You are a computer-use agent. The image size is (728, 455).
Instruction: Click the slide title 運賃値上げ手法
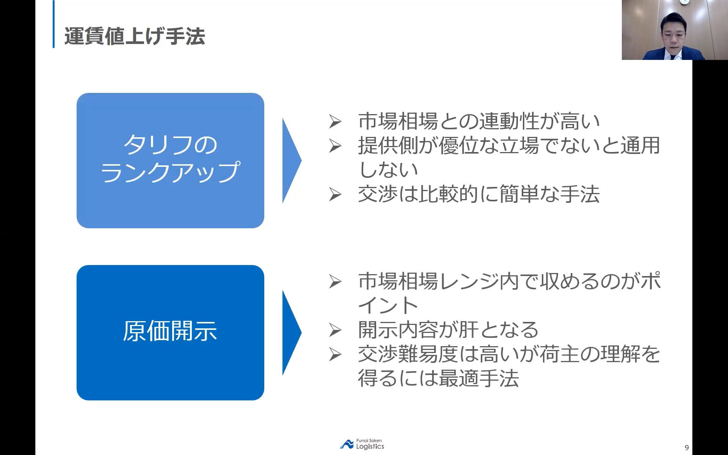pyautogui.click(x=135, y=36)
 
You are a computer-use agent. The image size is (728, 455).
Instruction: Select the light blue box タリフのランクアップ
pyautogui.click(x=170, y=160)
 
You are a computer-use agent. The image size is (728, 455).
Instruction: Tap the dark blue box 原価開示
pyautogui.click(x=170, y=332)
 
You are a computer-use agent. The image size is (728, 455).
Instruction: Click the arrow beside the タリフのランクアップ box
pyautogui.click(x=291, y=160)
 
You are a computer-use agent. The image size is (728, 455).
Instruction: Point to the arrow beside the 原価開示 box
pyautogui.click(x=291, y=333)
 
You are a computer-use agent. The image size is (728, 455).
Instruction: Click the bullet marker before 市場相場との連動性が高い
pyautogui.click(x=335, y=122)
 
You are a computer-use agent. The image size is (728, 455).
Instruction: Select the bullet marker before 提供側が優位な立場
pyautogui.click(x=335, y=146)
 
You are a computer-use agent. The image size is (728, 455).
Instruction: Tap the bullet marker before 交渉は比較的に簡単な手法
pyautogui.click(x=335, y=195)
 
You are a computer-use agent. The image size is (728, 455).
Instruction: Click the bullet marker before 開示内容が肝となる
pyautogui.click(x=335, y=330)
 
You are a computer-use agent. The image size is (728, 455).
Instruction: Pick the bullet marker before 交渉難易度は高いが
pyautogui.click(x=335, y=355)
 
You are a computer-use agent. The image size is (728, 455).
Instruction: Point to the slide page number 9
pyautogui.click(x=687, y=448)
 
